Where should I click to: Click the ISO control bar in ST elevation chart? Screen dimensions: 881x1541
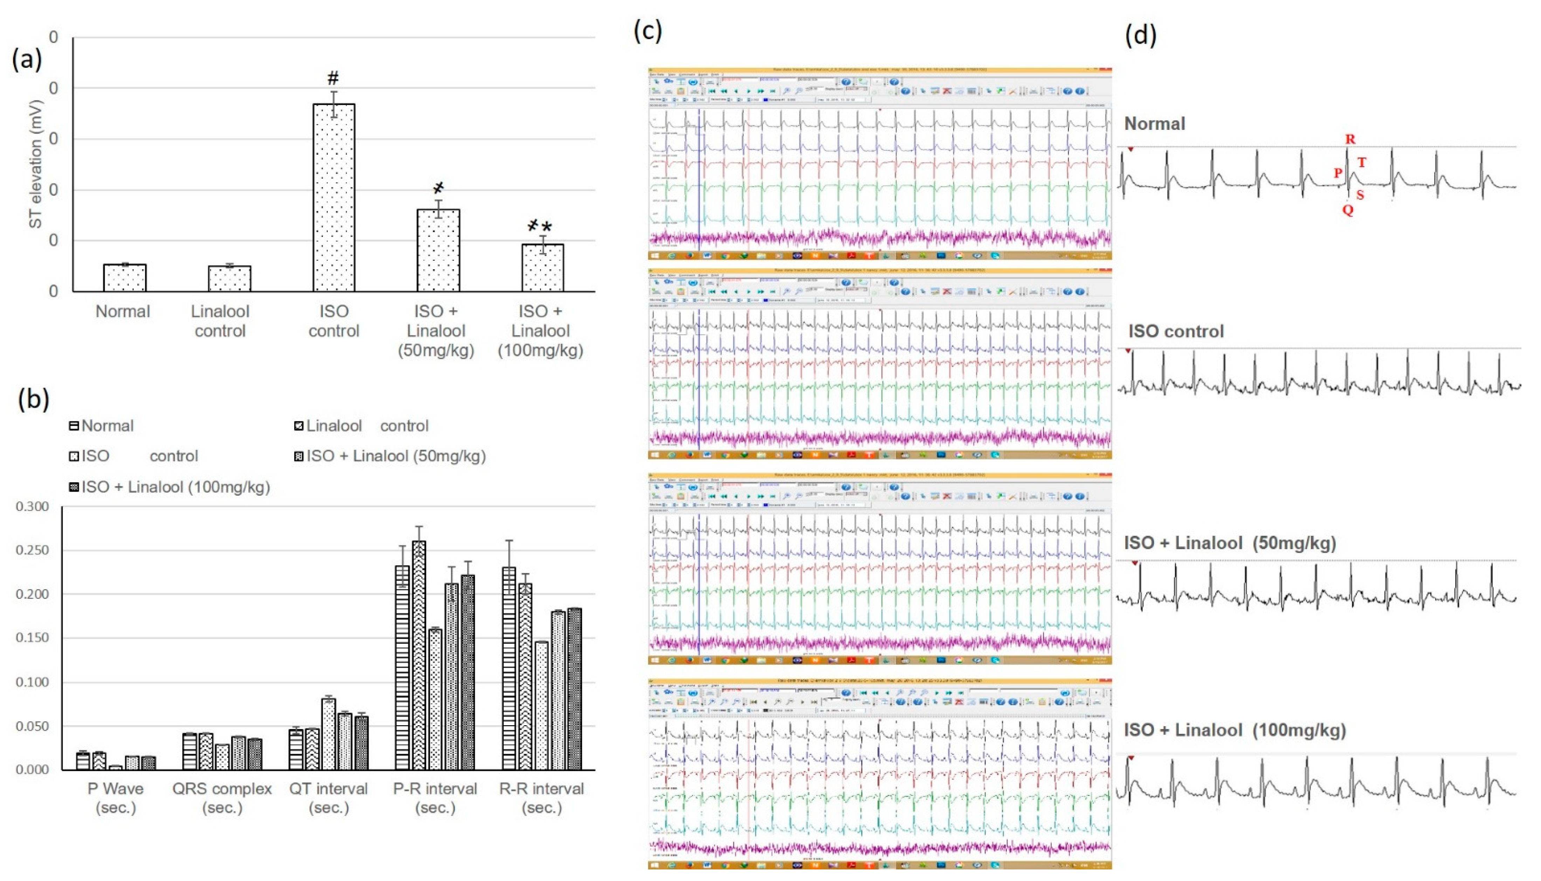click(333, 198)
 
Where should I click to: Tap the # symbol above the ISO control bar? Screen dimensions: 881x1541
click(333, 78)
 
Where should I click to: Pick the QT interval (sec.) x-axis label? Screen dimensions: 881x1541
click(328, 797)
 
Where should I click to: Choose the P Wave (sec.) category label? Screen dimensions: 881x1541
click(116, 797)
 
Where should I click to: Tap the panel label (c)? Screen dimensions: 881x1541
click(648, 30)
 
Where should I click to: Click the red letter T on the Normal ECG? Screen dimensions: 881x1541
click(1361, 162)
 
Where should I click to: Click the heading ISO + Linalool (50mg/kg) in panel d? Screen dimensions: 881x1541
click(1230, 543)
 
